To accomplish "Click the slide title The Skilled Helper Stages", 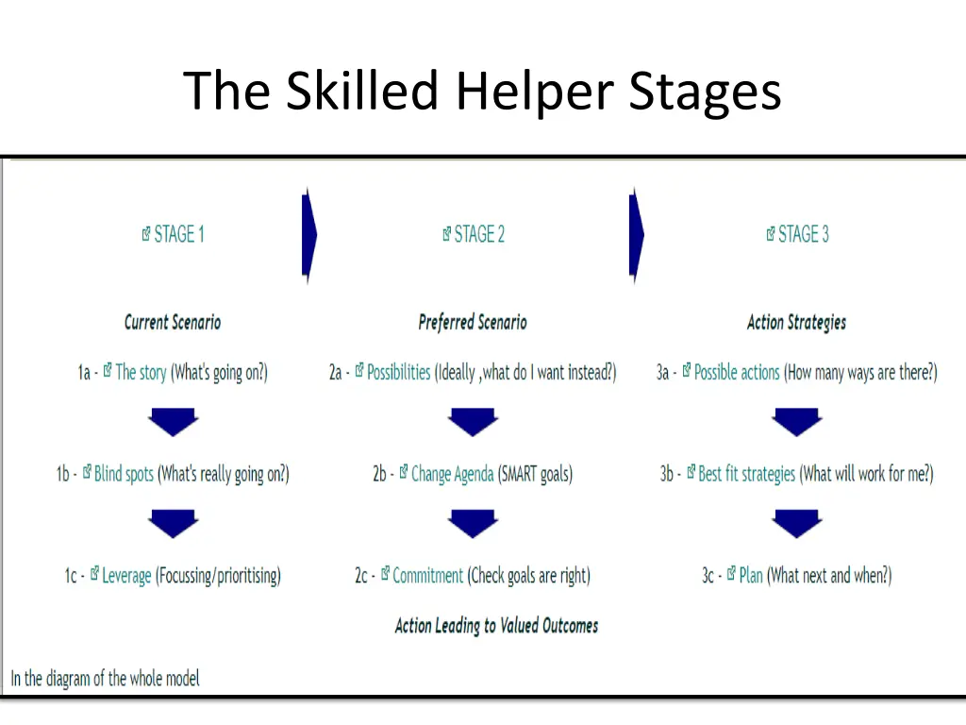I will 482,92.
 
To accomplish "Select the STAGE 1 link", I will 178,234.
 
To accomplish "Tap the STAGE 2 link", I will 479,234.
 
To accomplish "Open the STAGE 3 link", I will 803,234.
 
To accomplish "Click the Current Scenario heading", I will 173,322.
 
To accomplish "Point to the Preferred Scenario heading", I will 473,322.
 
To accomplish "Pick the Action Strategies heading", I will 796,322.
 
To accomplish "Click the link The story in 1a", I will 141,373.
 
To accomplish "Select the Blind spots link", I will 124,474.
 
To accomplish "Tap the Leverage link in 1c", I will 126,575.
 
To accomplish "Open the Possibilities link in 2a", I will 398,373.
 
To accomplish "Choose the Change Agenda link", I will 452,474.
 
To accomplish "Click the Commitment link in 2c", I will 427,575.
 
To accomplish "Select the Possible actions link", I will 737,373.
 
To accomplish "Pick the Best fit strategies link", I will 746,474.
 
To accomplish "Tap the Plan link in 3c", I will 751,575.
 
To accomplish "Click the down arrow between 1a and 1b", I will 173,421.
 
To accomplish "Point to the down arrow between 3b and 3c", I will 797,522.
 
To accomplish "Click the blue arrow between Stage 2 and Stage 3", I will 637,234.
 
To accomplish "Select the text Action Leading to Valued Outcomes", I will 496,625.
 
